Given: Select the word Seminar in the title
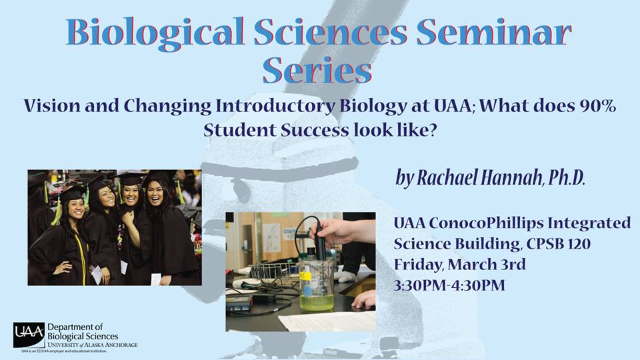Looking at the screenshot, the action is pos(493,32).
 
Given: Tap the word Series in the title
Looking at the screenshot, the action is pos(317,69).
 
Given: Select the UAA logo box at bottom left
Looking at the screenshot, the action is pos(29,335).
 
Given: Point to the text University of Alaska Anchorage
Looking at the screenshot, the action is pos(93,345).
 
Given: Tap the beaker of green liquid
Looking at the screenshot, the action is pos(316,286).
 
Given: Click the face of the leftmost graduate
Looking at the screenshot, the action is pos(75,209).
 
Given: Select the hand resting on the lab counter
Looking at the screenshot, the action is pos(365,300).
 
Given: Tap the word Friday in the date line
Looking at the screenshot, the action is pos(418,265).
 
